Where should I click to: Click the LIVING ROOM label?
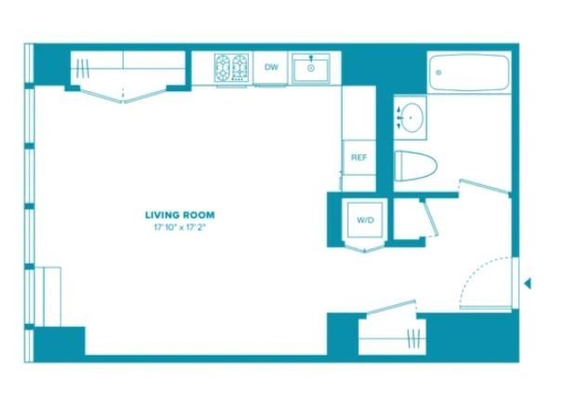tap(180, 215)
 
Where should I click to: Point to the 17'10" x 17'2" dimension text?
tap(180, 227)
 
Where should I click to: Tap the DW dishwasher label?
tap(271, 67)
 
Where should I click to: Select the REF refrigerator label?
tap(359, 157)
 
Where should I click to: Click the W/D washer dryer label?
tap(365, 221)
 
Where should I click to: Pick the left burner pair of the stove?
tap(223, 68)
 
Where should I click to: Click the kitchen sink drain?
tap(311, 68)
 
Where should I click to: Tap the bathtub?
tap(469, 73)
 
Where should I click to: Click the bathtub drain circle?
tap(438, 73)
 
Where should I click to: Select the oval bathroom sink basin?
tap(412, 118)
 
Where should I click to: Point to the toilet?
tap(415, 166)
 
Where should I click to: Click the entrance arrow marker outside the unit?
tap(528, 284)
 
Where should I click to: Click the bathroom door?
tap(485, 186)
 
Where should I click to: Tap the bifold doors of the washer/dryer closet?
tap(365, 248)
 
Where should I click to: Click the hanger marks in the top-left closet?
tap(83, 69)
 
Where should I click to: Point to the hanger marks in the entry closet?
tap(413, 339)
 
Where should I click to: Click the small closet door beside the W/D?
tap(429, 219)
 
